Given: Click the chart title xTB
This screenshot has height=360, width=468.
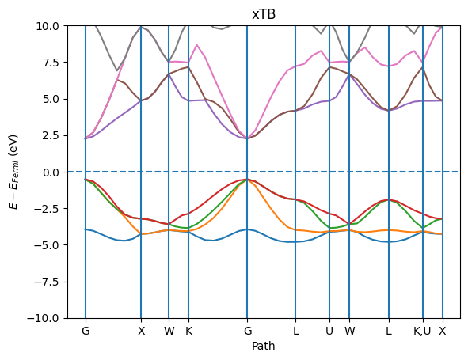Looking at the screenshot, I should (x=263, y=14).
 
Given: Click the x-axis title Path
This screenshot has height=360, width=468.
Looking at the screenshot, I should (x=263, y=346).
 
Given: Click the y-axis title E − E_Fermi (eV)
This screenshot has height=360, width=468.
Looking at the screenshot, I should (x=13, y=172).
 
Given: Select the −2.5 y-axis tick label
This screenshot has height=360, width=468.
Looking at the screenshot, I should (x=46, y=208).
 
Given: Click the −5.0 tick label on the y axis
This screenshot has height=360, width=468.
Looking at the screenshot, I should (x=46, y=244).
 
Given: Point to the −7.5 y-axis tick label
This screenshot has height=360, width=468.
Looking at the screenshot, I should (x=46, y=281).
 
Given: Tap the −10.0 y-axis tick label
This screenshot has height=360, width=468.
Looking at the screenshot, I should (x=44, y=317).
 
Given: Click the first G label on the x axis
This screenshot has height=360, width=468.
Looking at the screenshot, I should (x=86, y=331).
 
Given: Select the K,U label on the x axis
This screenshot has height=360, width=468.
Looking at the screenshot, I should (x=423, y=331).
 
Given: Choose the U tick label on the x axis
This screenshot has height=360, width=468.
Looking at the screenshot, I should (x=329, y=331).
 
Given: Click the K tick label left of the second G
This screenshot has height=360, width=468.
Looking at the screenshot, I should (x=188, y=331).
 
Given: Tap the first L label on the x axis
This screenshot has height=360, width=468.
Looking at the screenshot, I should (x=296, y=331).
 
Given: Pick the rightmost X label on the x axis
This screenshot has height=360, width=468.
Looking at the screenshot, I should (x=443, y=331).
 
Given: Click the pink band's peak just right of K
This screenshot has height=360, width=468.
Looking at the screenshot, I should (x=197, y=45).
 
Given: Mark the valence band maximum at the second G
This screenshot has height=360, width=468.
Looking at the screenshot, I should (x=248, y=180).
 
